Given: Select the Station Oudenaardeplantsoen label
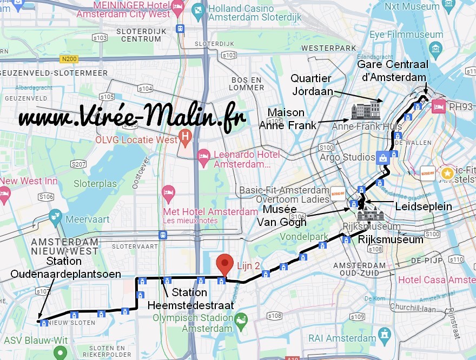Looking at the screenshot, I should [x=65, y=268].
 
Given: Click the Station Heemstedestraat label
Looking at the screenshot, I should [x=191, y=299].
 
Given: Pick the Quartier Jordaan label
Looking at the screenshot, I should [x=312, y=85].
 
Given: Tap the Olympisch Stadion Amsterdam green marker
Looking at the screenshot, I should [x=241, y=319].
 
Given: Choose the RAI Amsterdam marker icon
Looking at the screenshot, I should [x=384, y=334].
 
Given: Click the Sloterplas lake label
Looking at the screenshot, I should [x=95, y=184].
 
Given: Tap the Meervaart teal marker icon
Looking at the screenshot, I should [x=55, y=217].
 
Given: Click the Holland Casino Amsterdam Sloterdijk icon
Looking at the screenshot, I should [x=199, y=10].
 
